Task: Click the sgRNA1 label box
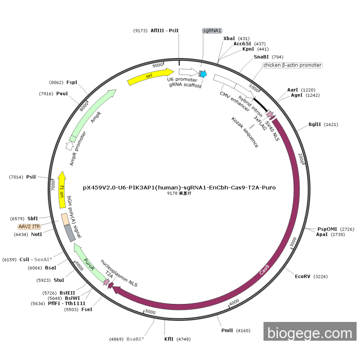click(212, 30)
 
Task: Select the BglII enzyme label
click(316, 124)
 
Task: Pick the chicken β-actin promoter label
click(292, 65)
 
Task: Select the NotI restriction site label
click(36, 235)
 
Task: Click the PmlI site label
click(227, 330)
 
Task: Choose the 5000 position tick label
click(150, 312)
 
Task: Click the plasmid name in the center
click(179, 187)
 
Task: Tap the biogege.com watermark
click(310, 333)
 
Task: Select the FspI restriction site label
click(71, 82)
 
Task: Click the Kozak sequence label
click(245, 133)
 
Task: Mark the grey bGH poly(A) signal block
click(70, 234)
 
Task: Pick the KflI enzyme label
click(169, 339)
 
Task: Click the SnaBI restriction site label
click(261, 57)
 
